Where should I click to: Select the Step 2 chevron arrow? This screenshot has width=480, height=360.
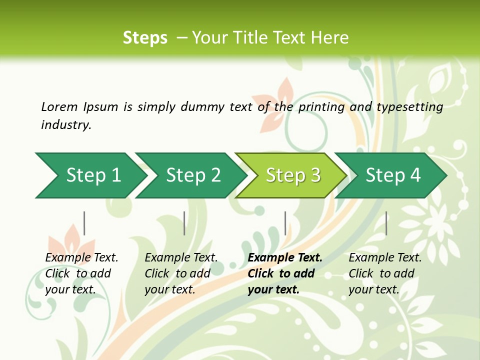pos(192,175)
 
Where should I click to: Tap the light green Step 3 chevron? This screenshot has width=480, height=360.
pos(292,175)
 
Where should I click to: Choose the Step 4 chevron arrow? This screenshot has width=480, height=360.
pos(392,175)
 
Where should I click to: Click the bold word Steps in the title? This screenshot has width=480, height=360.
pos(145,38)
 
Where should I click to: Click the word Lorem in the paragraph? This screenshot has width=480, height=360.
pos(59,106)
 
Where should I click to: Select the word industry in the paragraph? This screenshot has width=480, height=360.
pos(65,124)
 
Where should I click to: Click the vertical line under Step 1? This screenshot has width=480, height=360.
pos(84,223)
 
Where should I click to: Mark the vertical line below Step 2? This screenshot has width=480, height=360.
pos(184,223)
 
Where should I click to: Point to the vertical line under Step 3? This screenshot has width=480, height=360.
pos(285,223)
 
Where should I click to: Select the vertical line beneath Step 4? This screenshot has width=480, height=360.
pos(386,223)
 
